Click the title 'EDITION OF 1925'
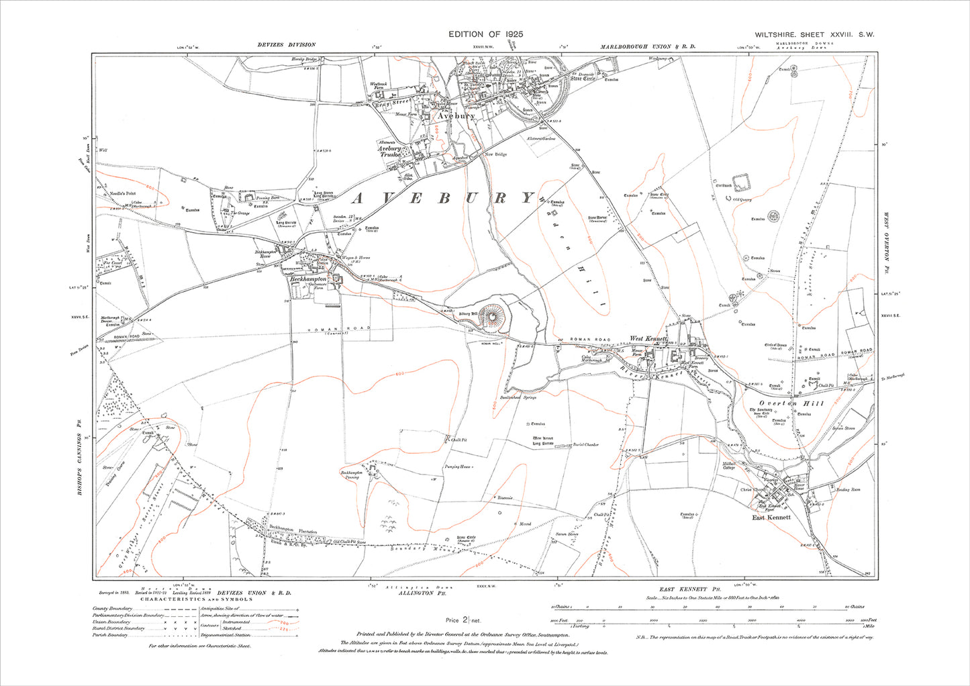485,34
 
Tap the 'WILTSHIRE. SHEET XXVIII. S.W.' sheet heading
814,35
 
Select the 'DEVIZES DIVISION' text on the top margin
286,45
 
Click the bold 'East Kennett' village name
771,518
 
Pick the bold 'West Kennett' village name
648,339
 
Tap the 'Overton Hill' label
781,403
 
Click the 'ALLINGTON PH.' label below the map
417,594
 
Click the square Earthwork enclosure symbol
741,182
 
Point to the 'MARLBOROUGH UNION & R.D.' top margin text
648,46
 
